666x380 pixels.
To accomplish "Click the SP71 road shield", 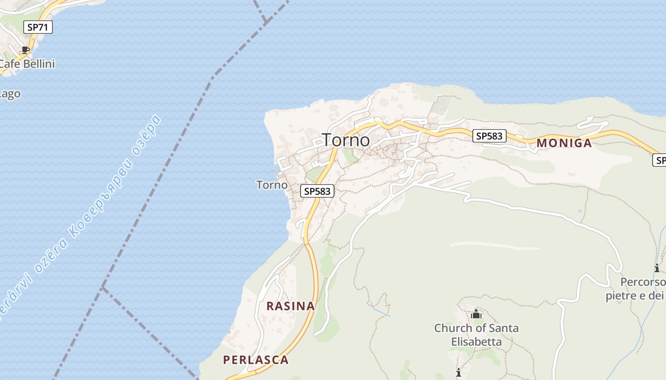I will [x=38, y=27].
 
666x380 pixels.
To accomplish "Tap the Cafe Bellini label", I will [x=27, y=64].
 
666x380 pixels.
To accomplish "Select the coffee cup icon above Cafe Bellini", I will [x=26, y=50].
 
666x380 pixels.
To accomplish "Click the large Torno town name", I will [x=346, y=140].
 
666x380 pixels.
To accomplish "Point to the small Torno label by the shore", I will [x=272, y=185].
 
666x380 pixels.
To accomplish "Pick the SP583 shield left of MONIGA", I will [x=489, y=136].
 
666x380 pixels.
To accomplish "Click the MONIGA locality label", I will [x=564, y=143].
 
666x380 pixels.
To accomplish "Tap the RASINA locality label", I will [x=291, y=306].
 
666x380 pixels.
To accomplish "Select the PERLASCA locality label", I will [x=256, y=360].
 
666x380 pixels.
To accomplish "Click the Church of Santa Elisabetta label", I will [x=476, y=334].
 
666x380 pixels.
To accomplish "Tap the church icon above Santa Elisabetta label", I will [x=476, y=314].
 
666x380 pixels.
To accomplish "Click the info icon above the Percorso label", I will [x=657, y=268].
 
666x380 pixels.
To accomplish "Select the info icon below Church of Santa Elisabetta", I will [x=459, y=372].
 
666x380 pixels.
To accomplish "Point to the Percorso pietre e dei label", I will [x=636, y=289].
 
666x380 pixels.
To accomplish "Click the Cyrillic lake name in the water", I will [x=114, y=176].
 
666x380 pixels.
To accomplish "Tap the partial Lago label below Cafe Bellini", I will [x=10, y=94].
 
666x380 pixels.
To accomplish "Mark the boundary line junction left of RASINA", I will [x=103, y=287].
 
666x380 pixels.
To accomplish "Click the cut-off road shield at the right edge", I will [x=659, y=160].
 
